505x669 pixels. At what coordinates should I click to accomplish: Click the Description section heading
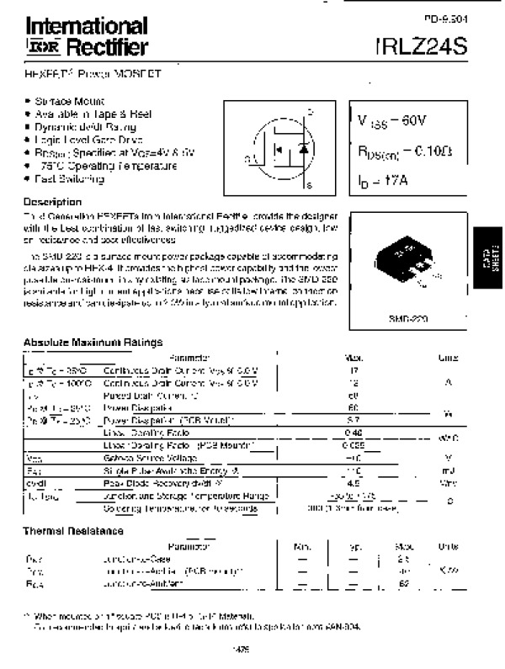point(53,202)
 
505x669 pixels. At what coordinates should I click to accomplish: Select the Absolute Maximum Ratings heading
point(93,342)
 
